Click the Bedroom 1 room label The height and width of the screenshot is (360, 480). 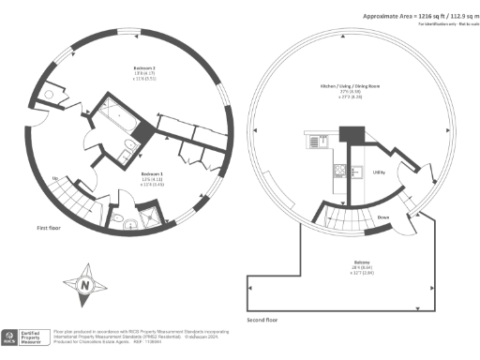pos(153,173)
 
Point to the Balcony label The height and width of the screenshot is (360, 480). pos(362,261)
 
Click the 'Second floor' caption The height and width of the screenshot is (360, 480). pos(262,320)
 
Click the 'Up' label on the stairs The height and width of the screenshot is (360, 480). pos(55,179)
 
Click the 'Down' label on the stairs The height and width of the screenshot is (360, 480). pos(383,217)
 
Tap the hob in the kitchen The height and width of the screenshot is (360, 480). pos(343,171)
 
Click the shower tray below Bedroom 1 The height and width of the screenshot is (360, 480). pos(148,217)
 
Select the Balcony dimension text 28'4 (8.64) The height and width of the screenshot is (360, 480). pos(362,268)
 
